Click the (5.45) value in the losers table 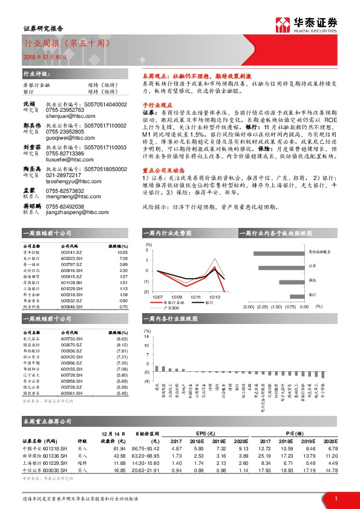[122, 394]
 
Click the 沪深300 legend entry [172, 308]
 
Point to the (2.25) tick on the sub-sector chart [263, 306]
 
